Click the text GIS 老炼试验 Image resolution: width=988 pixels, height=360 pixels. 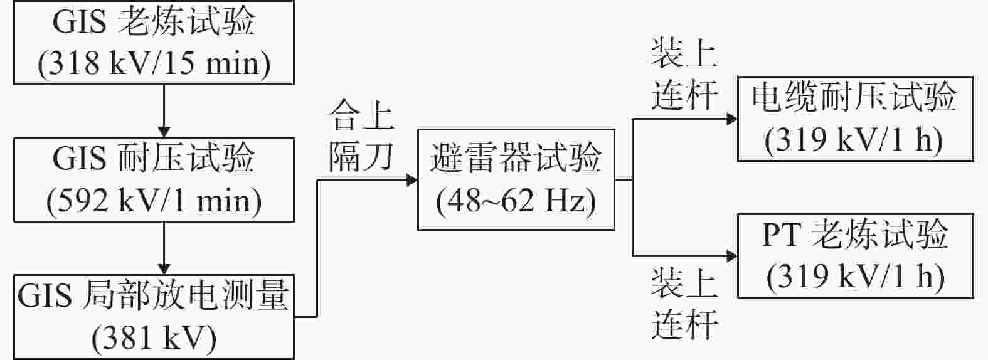click(154, 21)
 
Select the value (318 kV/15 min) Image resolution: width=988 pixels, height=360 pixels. click(154, 63)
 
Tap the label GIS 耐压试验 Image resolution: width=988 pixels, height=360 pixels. click(154, 158)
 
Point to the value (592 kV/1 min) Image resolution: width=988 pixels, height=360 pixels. click(154, 201)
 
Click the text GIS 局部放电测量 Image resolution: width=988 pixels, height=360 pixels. click(153, 295)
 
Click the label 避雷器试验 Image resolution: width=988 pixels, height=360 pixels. click(516, 158)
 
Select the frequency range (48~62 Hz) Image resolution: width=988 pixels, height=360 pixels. click(516, 201)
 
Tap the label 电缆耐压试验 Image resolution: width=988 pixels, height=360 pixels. click(854, 97)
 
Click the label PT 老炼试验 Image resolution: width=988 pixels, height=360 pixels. click(855, 234)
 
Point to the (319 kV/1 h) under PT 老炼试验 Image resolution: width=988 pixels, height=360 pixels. click(856, 277)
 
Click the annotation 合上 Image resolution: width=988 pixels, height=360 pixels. click(361, 115)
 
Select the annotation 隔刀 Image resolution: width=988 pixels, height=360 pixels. click(361, 156)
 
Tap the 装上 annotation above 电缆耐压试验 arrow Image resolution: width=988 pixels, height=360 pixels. click(684, 53)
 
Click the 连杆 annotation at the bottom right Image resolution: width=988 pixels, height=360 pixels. click(684, 324)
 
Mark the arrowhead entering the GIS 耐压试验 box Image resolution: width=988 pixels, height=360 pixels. click(164, 132)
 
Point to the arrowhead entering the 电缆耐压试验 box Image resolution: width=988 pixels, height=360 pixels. click(732, 119)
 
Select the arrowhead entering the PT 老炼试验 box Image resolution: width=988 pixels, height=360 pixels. click(732, 256)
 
